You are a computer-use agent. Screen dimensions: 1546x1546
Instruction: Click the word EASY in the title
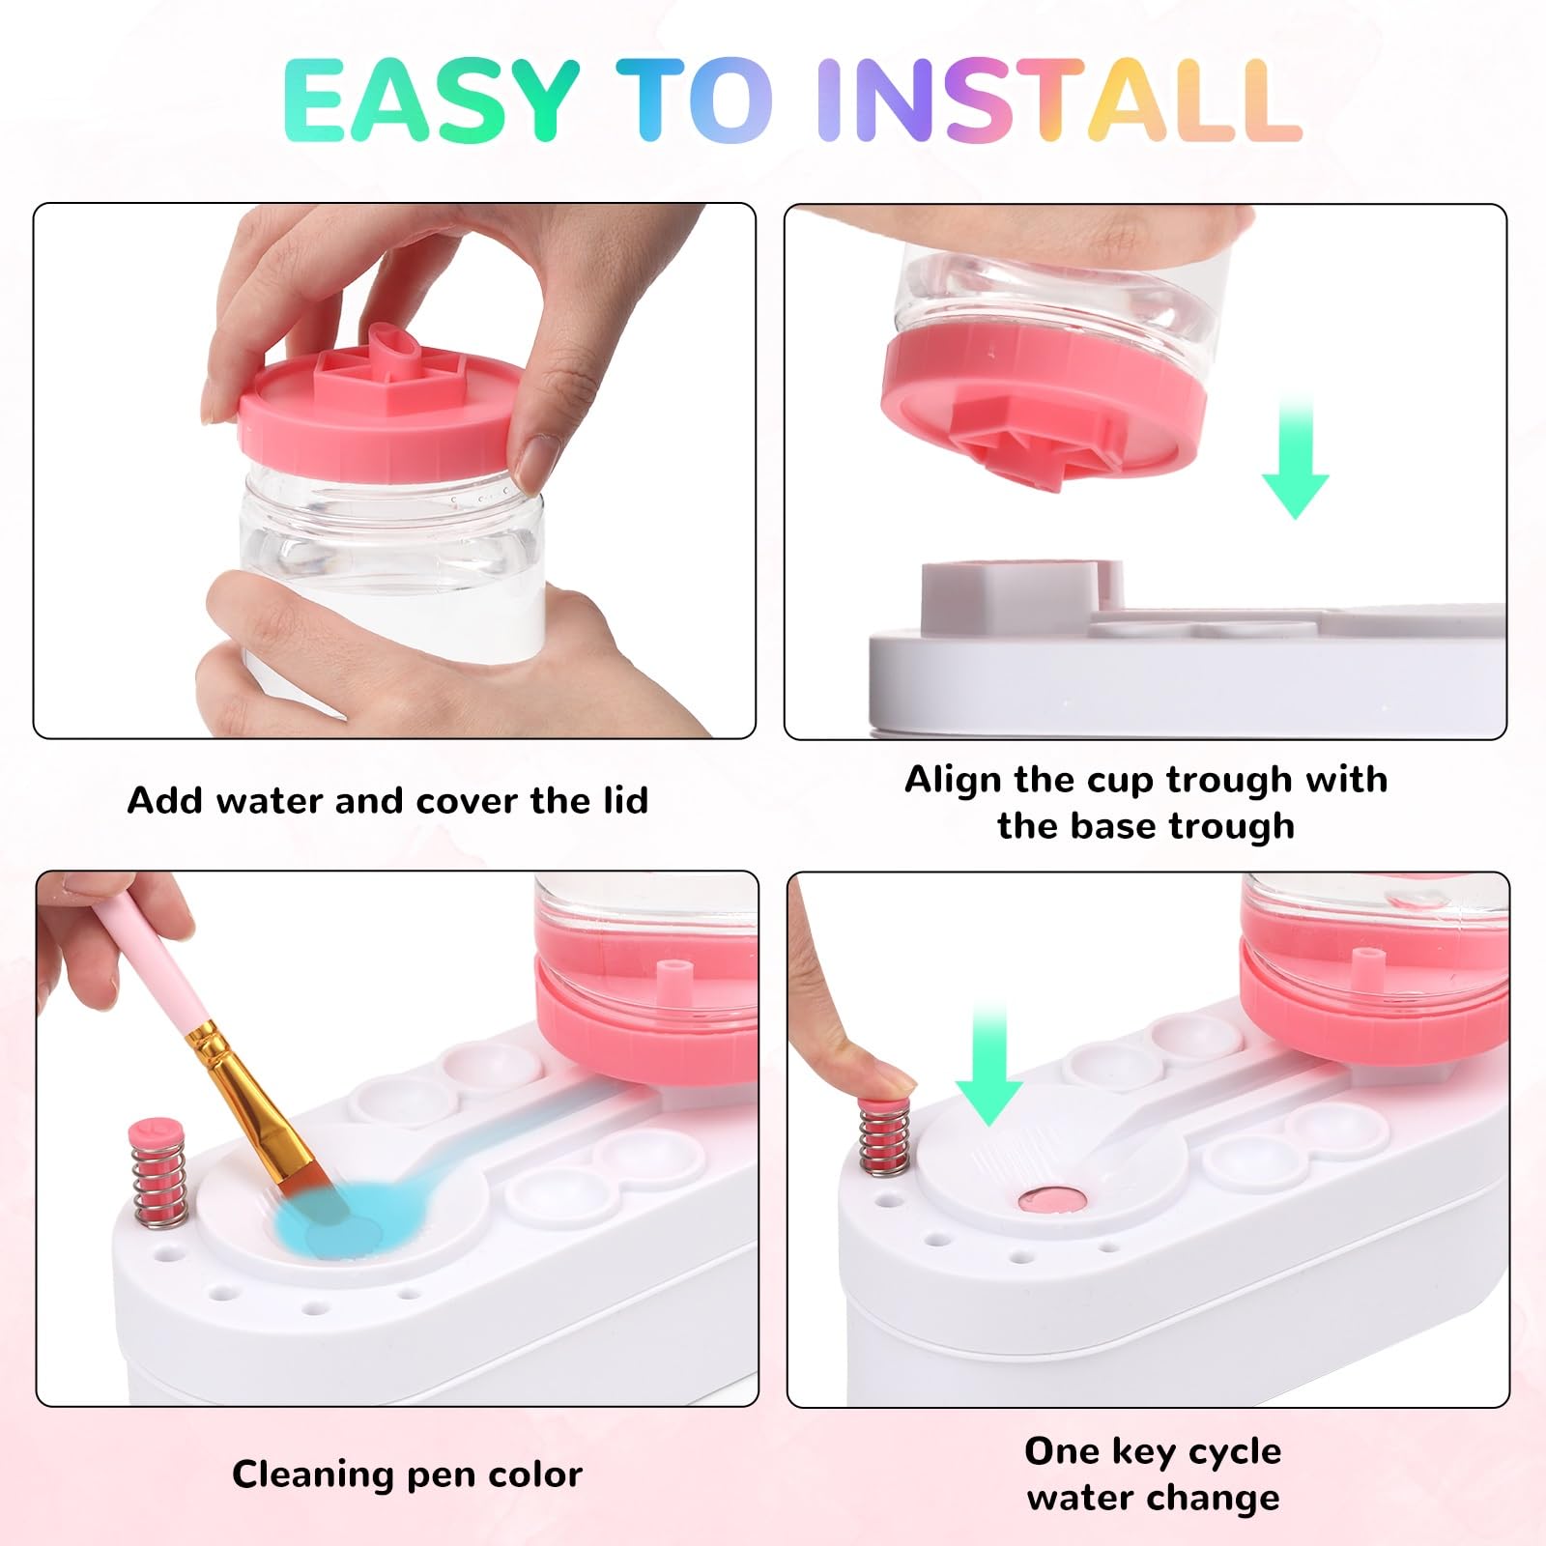(x=431, y=100)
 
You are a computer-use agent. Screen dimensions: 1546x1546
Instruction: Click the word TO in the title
(x=695, y=100)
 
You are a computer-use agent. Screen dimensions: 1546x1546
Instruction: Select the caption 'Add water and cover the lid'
(x=387, y=801)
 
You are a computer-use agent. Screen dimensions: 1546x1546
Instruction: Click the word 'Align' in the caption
(x=953, y=781)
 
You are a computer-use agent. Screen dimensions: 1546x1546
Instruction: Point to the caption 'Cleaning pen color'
(x=407, y=1474)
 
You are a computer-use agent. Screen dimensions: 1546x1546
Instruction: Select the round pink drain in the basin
(x=1052, y=1200)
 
